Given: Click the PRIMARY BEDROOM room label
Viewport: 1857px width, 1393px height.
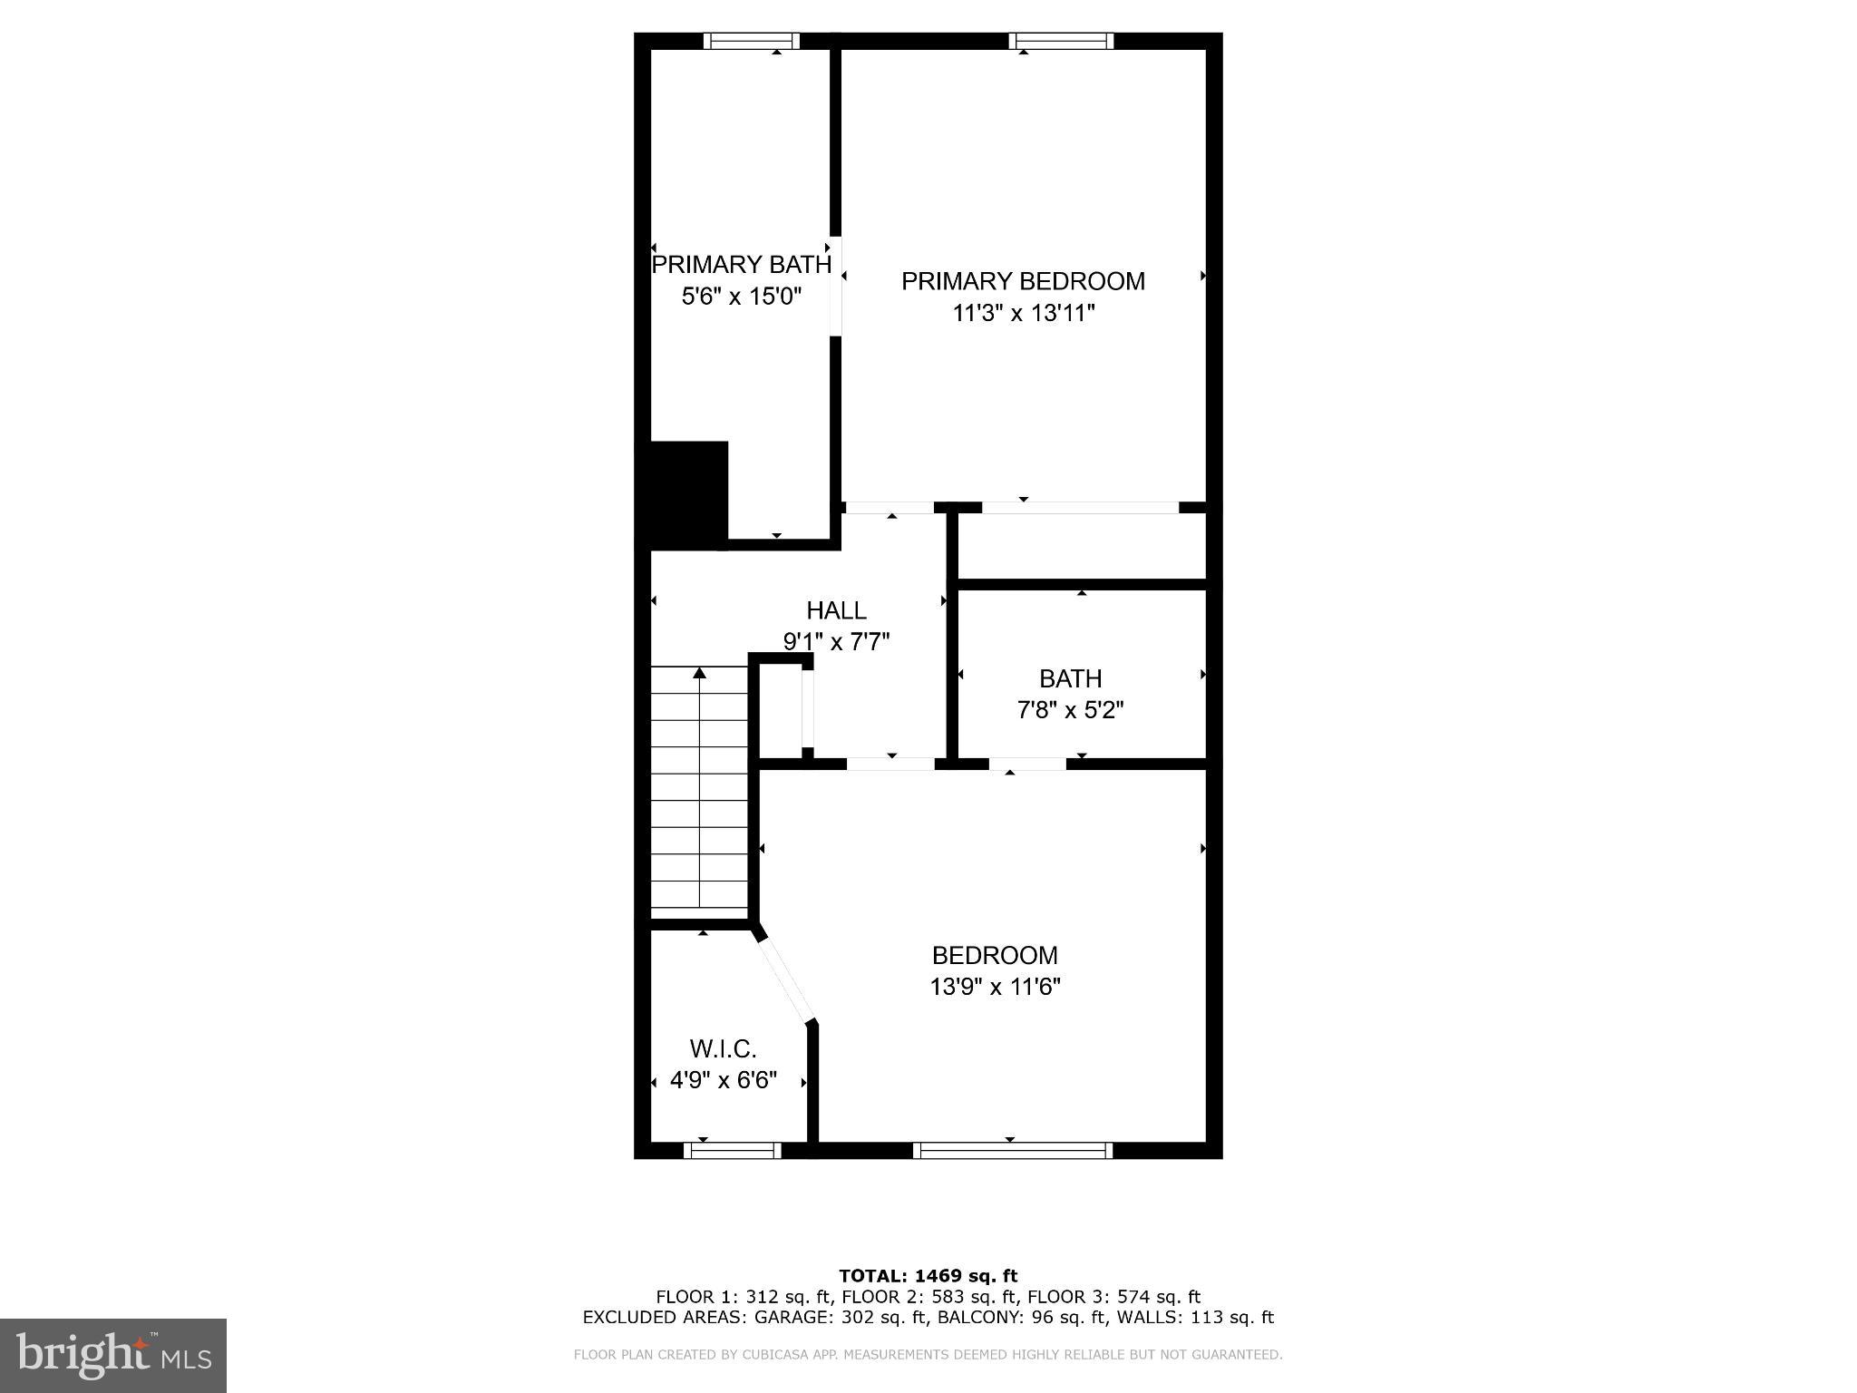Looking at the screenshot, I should pos(1023,281).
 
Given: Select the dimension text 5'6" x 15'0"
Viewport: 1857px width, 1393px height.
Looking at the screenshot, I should pos(742,296).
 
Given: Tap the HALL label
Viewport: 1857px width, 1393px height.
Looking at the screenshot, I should pos(836,610).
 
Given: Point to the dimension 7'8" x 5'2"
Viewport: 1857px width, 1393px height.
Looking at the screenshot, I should pos(1070,709).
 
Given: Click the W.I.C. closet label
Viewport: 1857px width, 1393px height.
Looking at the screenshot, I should pos(723,1049).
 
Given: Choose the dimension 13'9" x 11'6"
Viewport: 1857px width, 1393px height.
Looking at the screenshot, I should pos(995,986).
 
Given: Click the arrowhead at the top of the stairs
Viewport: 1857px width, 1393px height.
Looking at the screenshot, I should pos(699,673).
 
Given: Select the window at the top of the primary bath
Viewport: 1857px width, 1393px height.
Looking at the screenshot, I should pos(752,41).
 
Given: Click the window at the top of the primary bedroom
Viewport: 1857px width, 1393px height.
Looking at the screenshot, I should pos(1061,41).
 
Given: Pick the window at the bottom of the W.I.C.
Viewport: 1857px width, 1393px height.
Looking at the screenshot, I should pos(732,1150).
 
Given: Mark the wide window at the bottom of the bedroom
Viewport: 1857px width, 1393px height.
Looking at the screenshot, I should pos(1012,1150).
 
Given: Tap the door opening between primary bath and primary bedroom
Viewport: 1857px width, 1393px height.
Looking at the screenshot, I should pos(836,287).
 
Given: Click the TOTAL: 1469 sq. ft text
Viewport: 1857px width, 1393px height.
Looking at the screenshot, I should pos(928,1276).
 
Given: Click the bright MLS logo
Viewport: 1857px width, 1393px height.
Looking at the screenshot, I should pos(113,1355).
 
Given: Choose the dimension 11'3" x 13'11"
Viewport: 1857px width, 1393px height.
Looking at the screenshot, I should pos(1024,314).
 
